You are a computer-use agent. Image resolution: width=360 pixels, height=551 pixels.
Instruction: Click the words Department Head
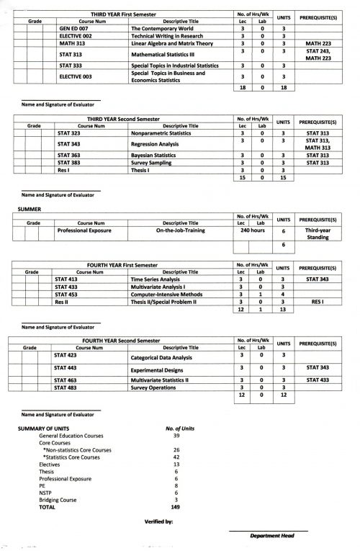point(269,537)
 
